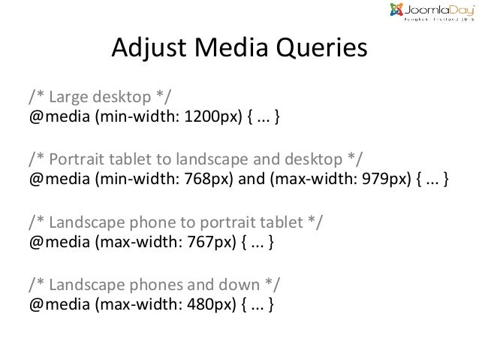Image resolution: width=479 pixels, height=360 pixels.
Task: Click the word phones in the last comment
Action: point(167,284)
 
